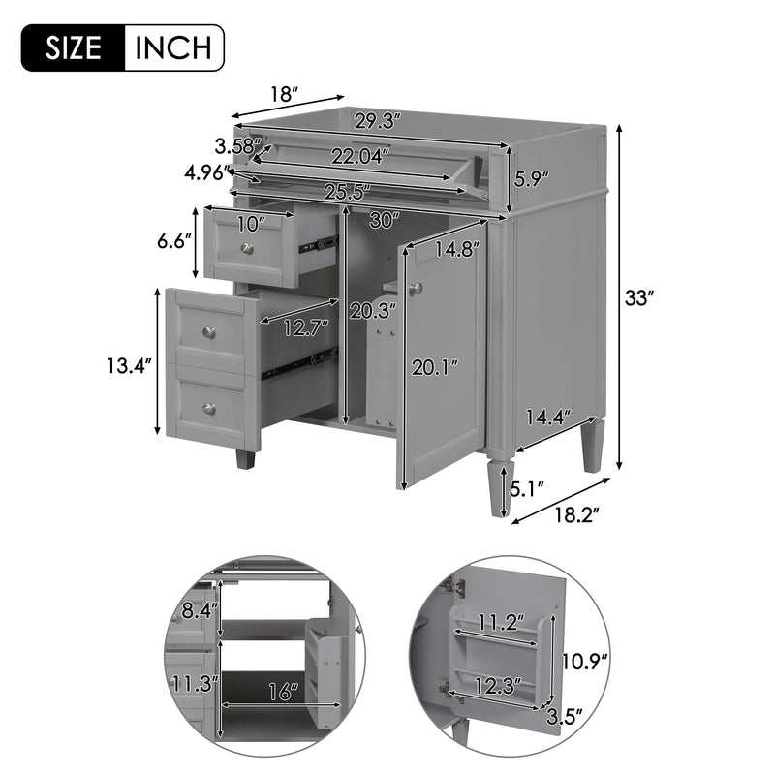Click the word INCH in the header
(173, 46)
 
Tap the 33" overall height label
(638, 299)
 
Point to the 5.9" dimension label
(532, 178)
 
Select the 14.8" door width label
(456, 249)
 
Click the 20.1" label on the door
(436, 366)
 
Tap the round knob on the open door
(417, 288)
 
